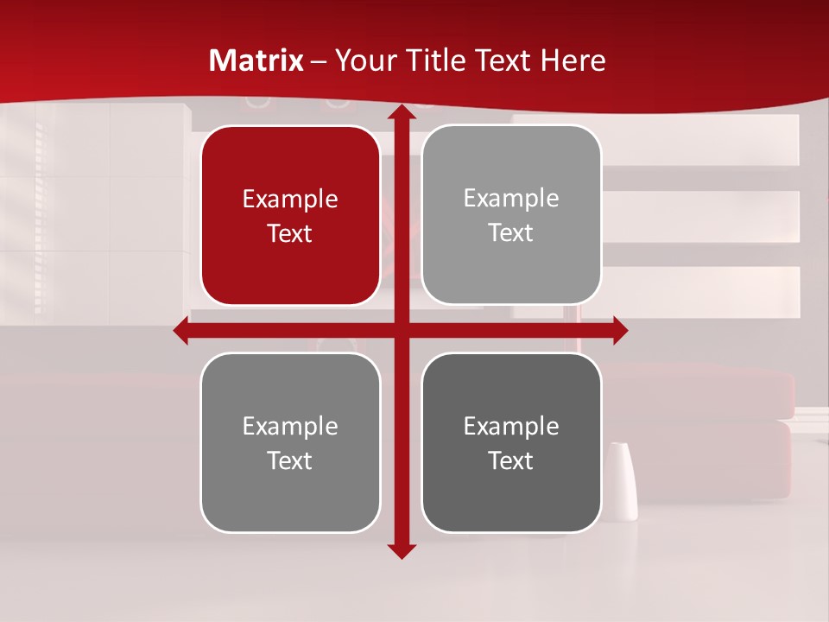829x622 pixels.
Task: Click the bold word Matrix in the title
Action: (x=256, y=60)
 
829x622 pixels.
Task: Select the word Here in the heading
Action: (x=573, y=60)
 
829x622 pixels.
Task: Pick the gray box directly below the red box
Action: (x=290, y=492)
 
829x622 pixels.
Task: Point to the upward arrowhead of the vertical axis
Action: (x=401, y=112)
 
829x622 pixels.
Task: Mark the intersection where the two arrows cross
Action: (x=401, y=330)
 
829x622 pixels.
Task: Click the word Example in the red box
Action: (x=290, y=200)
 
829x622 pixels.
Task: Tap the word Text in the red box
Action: (x=290, y=234)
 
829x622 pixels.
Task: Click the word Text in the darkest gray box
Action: (x=511, y=460)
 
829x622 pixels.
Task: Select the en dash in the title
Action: (x=319, y=61)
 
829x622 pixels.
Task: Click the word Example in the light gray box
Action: (x=511, y=199)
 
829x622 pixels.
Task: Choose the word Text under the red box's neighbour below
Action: (x=290, y=460)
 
